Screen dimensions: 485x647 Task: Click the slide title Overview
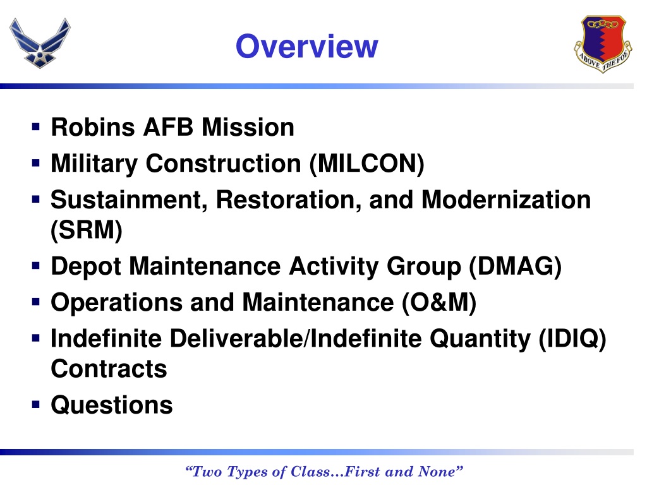(x=306, y=46)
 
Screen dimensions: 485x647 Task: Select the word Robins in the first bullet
(x=92, y=128)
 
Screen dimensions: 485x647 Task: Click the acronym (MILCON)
(x=367, y=164)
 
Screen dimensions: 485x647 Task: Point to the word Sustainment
(x=129, y=200)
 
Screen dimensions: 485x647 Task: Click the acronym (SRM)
(x=87, y=231)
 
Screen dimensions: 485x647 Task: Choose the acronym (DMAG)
(x=515, y=266)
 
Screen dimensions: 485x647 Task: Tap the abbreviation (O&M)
(x=438, y=302)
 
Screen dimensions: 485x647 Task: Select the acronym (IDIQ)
(x=572, y=339)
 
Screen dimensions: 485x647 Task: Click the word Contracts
(x=109, y=369)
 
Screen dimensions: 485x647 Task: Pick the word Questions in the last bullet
(x=111, y=405)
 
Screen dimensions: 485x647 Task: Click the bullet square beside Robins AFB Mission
(x=36, y=128)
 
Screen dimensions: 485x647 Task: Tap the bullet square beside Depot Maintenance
(x=36, y=266)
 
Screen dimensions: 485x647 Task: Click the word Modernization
(x=506, y=200)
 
